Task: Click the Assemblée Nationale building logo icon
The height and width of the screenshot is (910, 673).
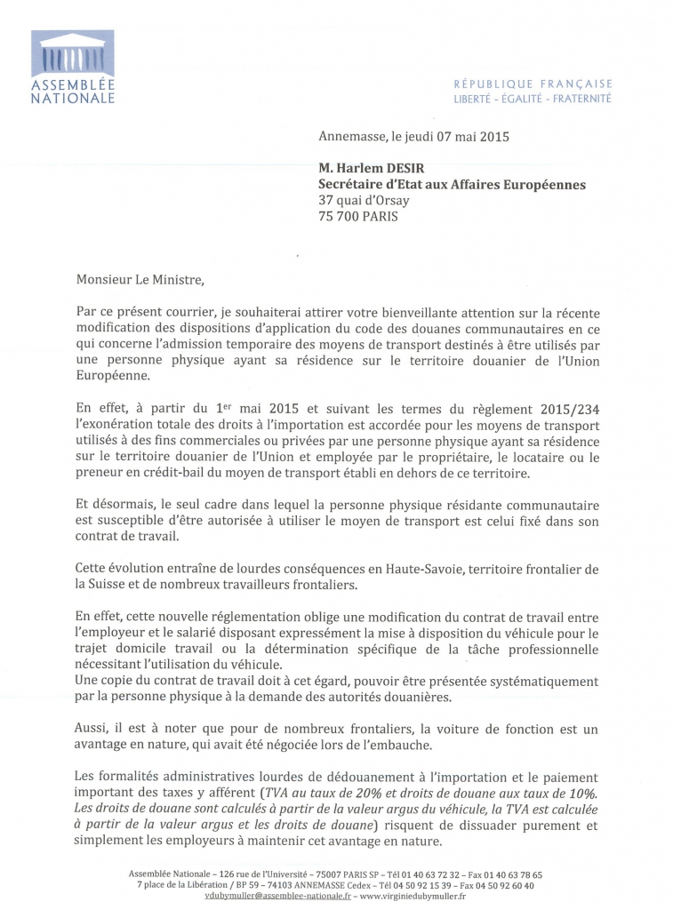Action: tap(73, 54)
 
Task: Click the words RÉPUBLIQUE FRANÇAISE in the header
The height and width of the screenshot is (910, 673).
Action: tap(533, 84)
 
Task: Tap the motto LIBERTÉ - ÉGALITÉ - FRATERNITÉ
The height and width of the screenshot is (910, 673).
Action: tap(533, 99)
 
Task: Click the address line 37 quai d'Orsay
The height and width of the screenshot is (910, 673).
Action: tap(364, 200)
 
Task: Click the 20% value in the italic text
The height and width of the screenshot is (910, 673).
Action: tap(402, 792)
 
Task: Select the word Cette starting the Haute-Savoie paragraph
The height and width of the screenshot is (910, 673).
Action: tap(93, 568)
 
